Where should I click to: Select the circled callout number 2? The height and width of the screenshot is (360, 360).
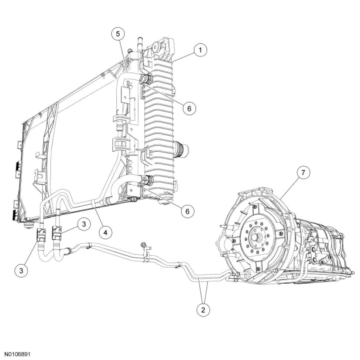coord(202,309)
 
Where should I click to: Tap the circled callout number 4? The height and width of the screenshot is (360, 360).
coord(105,232)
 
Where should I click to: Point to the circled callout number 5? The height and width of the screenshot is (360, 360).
coord(118,34)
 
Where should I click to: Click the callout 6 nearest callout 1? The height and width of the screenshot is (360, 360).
coord(188,108)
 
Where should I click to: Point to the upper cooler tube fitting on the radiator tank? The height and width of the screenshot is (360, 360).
coord(147,79)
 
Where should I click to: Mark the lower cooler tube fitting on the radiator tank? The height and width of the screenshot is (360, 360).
coord(147,181)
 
